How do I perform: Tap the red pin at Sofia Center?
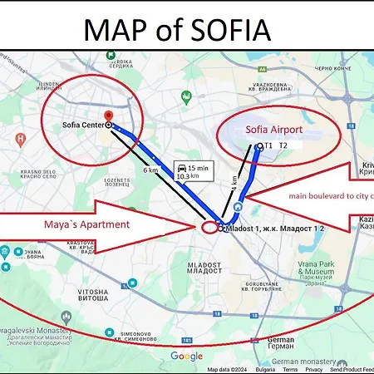[x=108, y=116]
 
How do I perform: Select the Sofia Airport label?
[x=275, y=130]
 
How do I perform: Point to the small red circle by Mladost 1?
[x=209, y=227]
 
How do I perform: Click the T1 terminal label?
[x=268, y=145]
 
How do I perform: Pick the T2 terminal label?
[x=284, y=145]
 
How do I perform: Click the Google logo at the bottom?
[x=187, y=356]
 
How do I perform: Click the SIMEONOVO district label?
[x=133, y=337]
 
